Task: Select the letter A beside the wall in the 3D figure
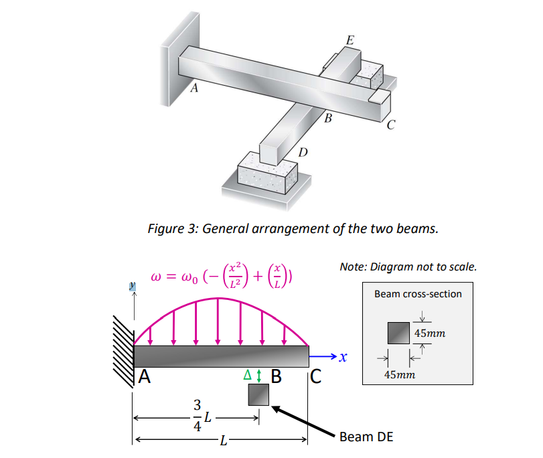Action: point(194,88)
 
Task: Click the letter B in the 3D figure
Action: point(327,119)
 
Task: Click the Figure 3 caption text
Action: point(293,228)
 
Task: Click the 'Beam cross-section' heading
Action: point(418,293)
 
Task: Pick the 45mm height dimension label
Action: point(429,333)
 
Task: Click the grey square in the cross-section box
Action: point(400,333)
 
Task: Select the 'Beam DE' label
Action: point(366,437)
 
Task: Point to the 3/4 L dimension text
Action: point(201,416)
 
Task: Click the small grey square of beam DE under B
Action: point(258,395)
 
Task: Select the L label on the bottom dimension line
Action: point(224,441)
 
